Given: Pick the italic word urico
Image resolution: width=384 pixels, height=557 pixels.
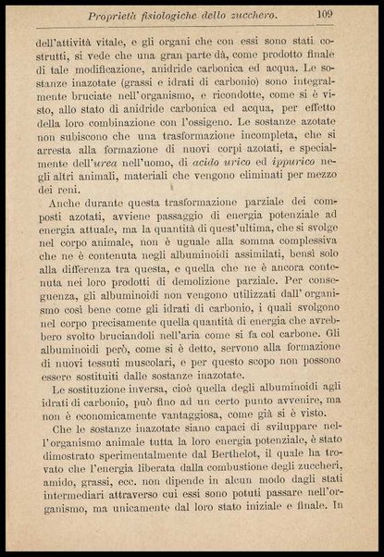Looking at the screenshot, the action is pos(243,160).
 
